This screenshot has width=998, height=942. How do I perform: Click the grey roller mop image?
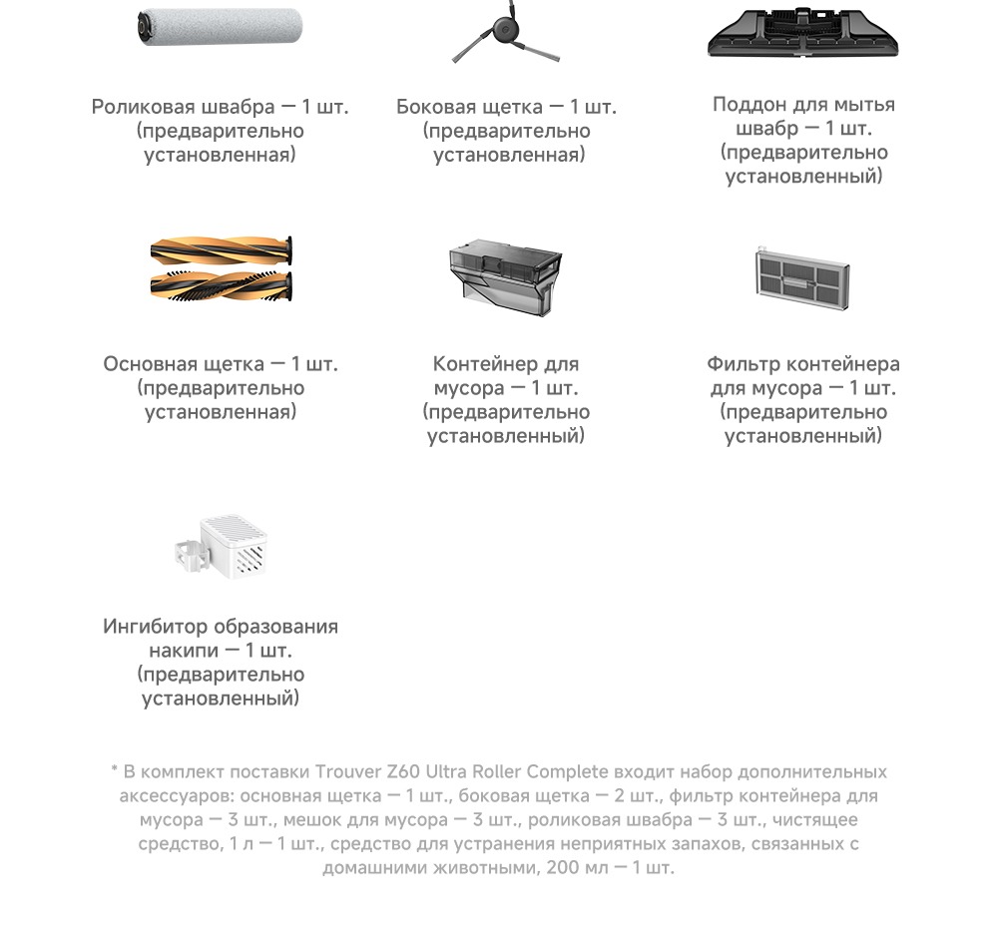(220, 28)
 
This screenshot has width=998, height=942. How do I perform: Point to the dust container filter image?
(802, 275)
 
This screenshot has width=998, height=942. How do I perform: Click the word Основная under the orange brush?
(153, 364)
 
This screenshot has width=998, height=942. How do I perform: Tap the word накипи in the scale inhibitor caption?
(183, 651)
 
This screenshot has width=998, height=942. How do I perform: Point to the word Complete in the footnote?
(567, 772)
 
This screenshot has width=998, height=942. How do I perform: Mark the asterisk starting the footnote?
(115, 771)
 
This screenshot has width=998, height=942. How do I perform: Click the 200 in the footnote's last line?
(562, 867)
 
